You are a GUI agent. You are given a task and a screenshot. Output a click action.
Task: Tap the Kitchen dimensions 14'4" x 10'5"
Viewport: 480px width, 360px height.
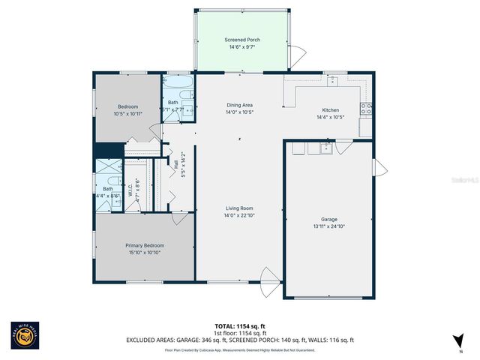(330, 117)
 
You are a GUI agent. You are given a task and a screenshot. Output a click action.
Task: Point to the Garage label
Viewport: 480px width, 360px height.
(328, 219)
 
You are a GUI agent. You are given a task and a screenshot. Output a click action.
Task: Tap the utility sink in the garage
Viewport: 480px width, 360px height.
(325, 148)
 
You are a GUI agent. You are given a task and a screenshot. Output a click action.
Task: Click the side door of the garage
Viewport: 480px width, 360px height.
(379, 166)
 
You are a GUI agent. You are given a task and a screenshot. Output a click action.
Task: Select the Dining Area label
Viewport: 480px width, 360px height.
(239, 105)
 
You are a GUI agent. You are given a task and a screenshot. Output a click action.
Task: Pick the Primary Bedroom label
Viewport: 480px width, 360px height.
(144, 245)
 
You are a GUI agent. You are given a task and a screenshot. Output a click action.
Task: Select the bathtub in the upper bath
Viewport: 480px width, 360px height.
(179, 83)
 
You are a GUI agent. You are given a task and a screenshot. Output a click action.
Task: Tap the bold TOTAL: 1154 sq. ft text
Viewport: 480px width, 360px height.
(239, 327)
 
